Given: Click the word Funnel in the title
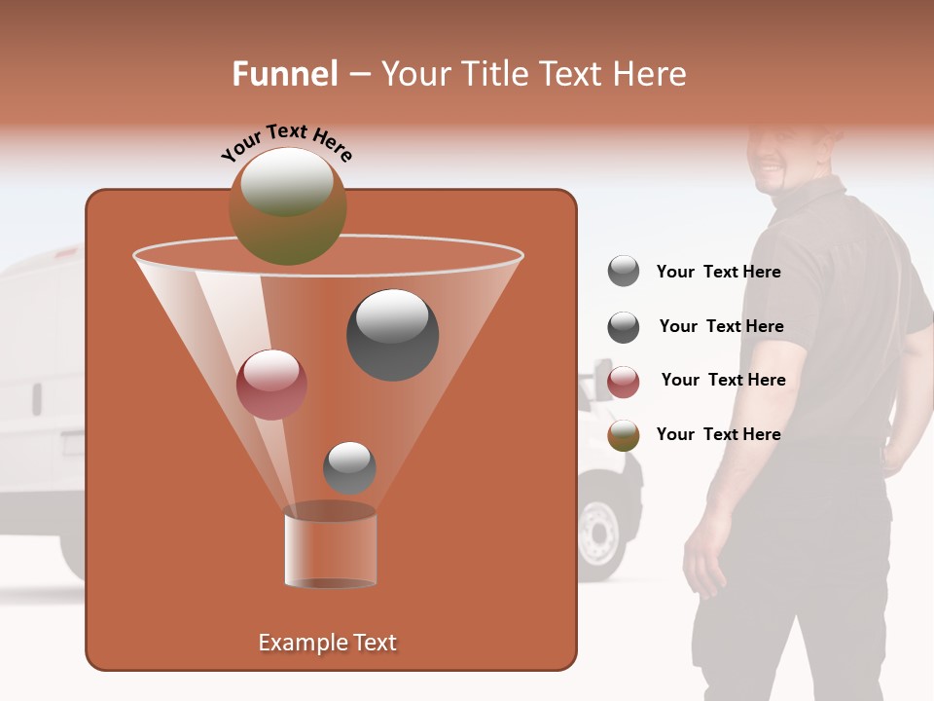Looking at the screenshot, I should [285, 74].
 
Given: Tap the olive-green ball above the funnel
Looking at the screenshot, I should [287, 205].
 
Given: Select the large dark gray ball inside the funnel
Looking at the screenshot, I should [392, 334].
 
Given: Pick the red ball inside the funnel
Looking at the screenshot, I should [271, 385].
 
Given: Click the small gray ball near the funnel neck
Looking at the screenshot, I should [349, 467].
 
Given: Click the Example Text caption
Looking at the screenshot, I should [327, 643].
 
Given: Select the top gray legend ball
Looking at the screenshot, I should [624, 272].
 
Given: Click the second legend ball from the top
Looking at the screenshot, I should [624, 327].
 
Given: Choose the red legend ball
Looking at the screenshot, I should [624, 382].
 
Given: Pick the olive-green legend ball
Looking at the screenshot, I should [624, 435].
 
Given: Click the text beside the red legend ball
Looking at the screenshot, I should [723, 380].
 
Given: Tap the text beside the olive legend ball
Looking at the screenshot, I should [718, 434].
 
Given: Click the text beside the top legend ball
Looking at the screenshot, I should [718, 273].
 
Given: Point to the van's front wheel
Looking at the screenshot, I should [600, 531].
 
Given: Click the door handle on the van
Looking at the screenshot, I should [36, 398].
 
